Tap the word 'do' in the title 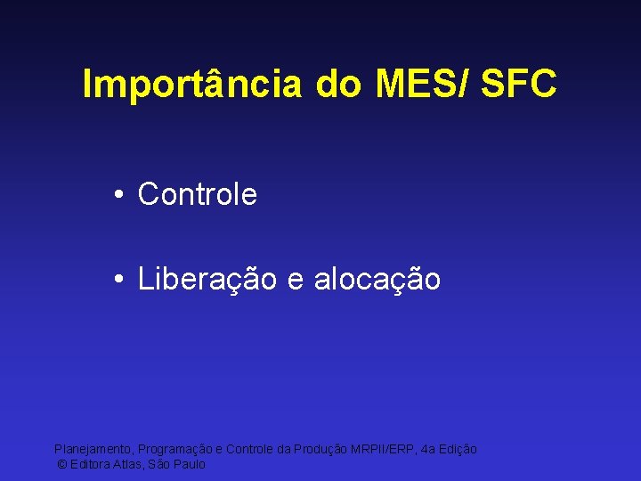coord(338,85)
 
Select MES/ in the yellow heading coord(422,85)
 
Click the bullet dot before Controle coord(118,194)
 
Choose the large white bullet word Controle coord(198,194)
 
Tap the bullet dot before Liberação coord(118,280)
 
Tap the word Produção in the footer coord(318,450)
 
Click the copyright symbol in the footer coord(61,465)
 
